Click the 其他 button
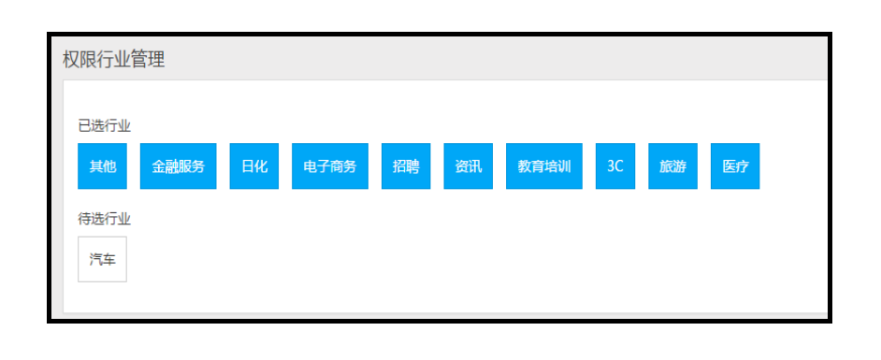coord(102,166)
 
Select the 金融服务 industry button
coord(179,166)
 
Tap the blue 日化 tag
coord(254,166)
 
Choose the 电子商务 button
coord(330,166)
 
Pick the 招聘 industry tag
coord(406,166)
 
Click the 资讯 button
coord(469,166)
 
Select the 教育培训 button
coord(544,166)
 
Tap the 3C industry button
coord(614,166)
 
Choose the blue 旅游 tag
coord(672,166)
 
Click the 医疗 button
coord(735,166)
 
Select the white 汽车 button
coord(102,259)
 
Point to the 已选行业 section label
coord(104,125)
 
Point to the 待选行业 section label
coord(104,219)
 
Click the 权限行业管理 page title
coord(113,60)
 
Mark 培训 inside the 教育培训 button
coord(557,166)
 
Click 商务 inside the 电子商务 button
coord(343,166)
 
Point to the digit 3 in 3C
coord(611,166)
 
